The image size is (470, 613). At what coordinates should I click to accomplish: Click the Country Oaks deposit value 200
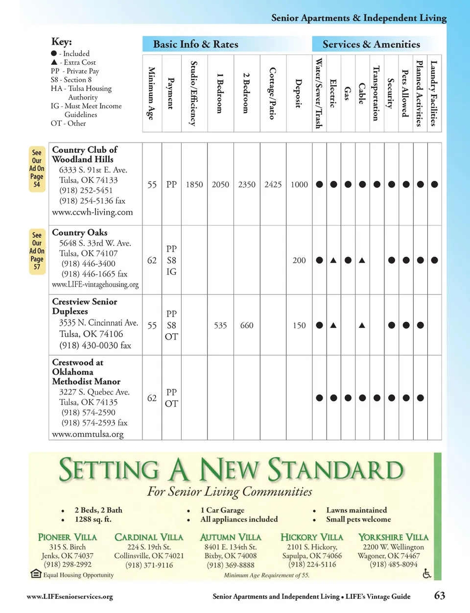[x=299, y=261]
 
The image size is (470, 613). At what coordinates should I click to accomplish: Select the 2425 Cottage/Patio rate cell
[x=273, y=185]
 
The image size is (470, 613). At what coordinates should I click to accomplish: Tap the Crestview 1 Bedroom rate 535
[x=220, y=325]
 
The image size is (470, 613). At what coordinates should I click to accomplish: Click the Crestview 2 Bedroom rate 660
[x=247, y=325]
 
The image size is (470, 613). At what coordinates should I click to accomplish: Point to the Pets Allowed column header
[x=405, y=93]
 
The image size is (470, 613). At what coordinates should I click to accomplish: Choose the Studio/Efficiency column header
[x=194, y=93]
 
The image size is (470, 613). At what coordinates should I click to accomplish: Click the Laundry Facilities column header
[x=433, y=93]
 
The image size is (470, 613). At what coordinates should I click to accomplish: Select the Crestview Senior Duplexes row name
[x=84, y=306]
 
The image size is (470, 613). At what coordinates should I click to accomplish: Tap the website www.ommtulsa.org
[x=88, y=434]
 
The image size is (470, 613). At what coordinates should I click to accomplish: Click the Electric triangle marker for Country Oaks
[x=333, y=261]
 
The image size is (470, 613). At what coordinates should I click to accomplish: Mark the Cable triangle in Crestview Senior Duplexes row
[x=362, y=325]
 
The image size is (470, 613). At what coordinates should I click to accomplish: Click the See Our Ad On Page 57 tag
[x=37, y=251]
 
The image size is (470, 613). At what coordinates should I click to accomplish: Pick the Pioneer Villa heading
[x=68, y=538]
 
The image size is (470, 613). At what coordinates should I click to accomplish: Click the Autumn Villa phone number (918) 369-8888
[x=231, y=565]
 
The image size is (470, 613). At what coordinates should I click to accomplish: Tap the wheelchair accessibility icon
[x=426, y=573]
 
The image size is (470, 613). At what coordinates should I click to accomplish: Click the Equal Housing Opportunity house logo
[x=36, y=573]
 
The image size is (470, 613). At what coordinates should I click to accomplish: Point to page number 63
[x=439, y=595]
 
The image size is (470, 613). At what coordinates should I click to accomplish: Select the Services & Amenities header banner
[x=371, y=45]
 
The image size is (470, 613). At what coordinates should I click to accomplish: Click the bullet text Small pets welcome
[x=358, y=519]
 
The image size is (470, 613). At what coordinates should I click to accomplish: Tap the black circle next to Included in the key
[x=54, y=53]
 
